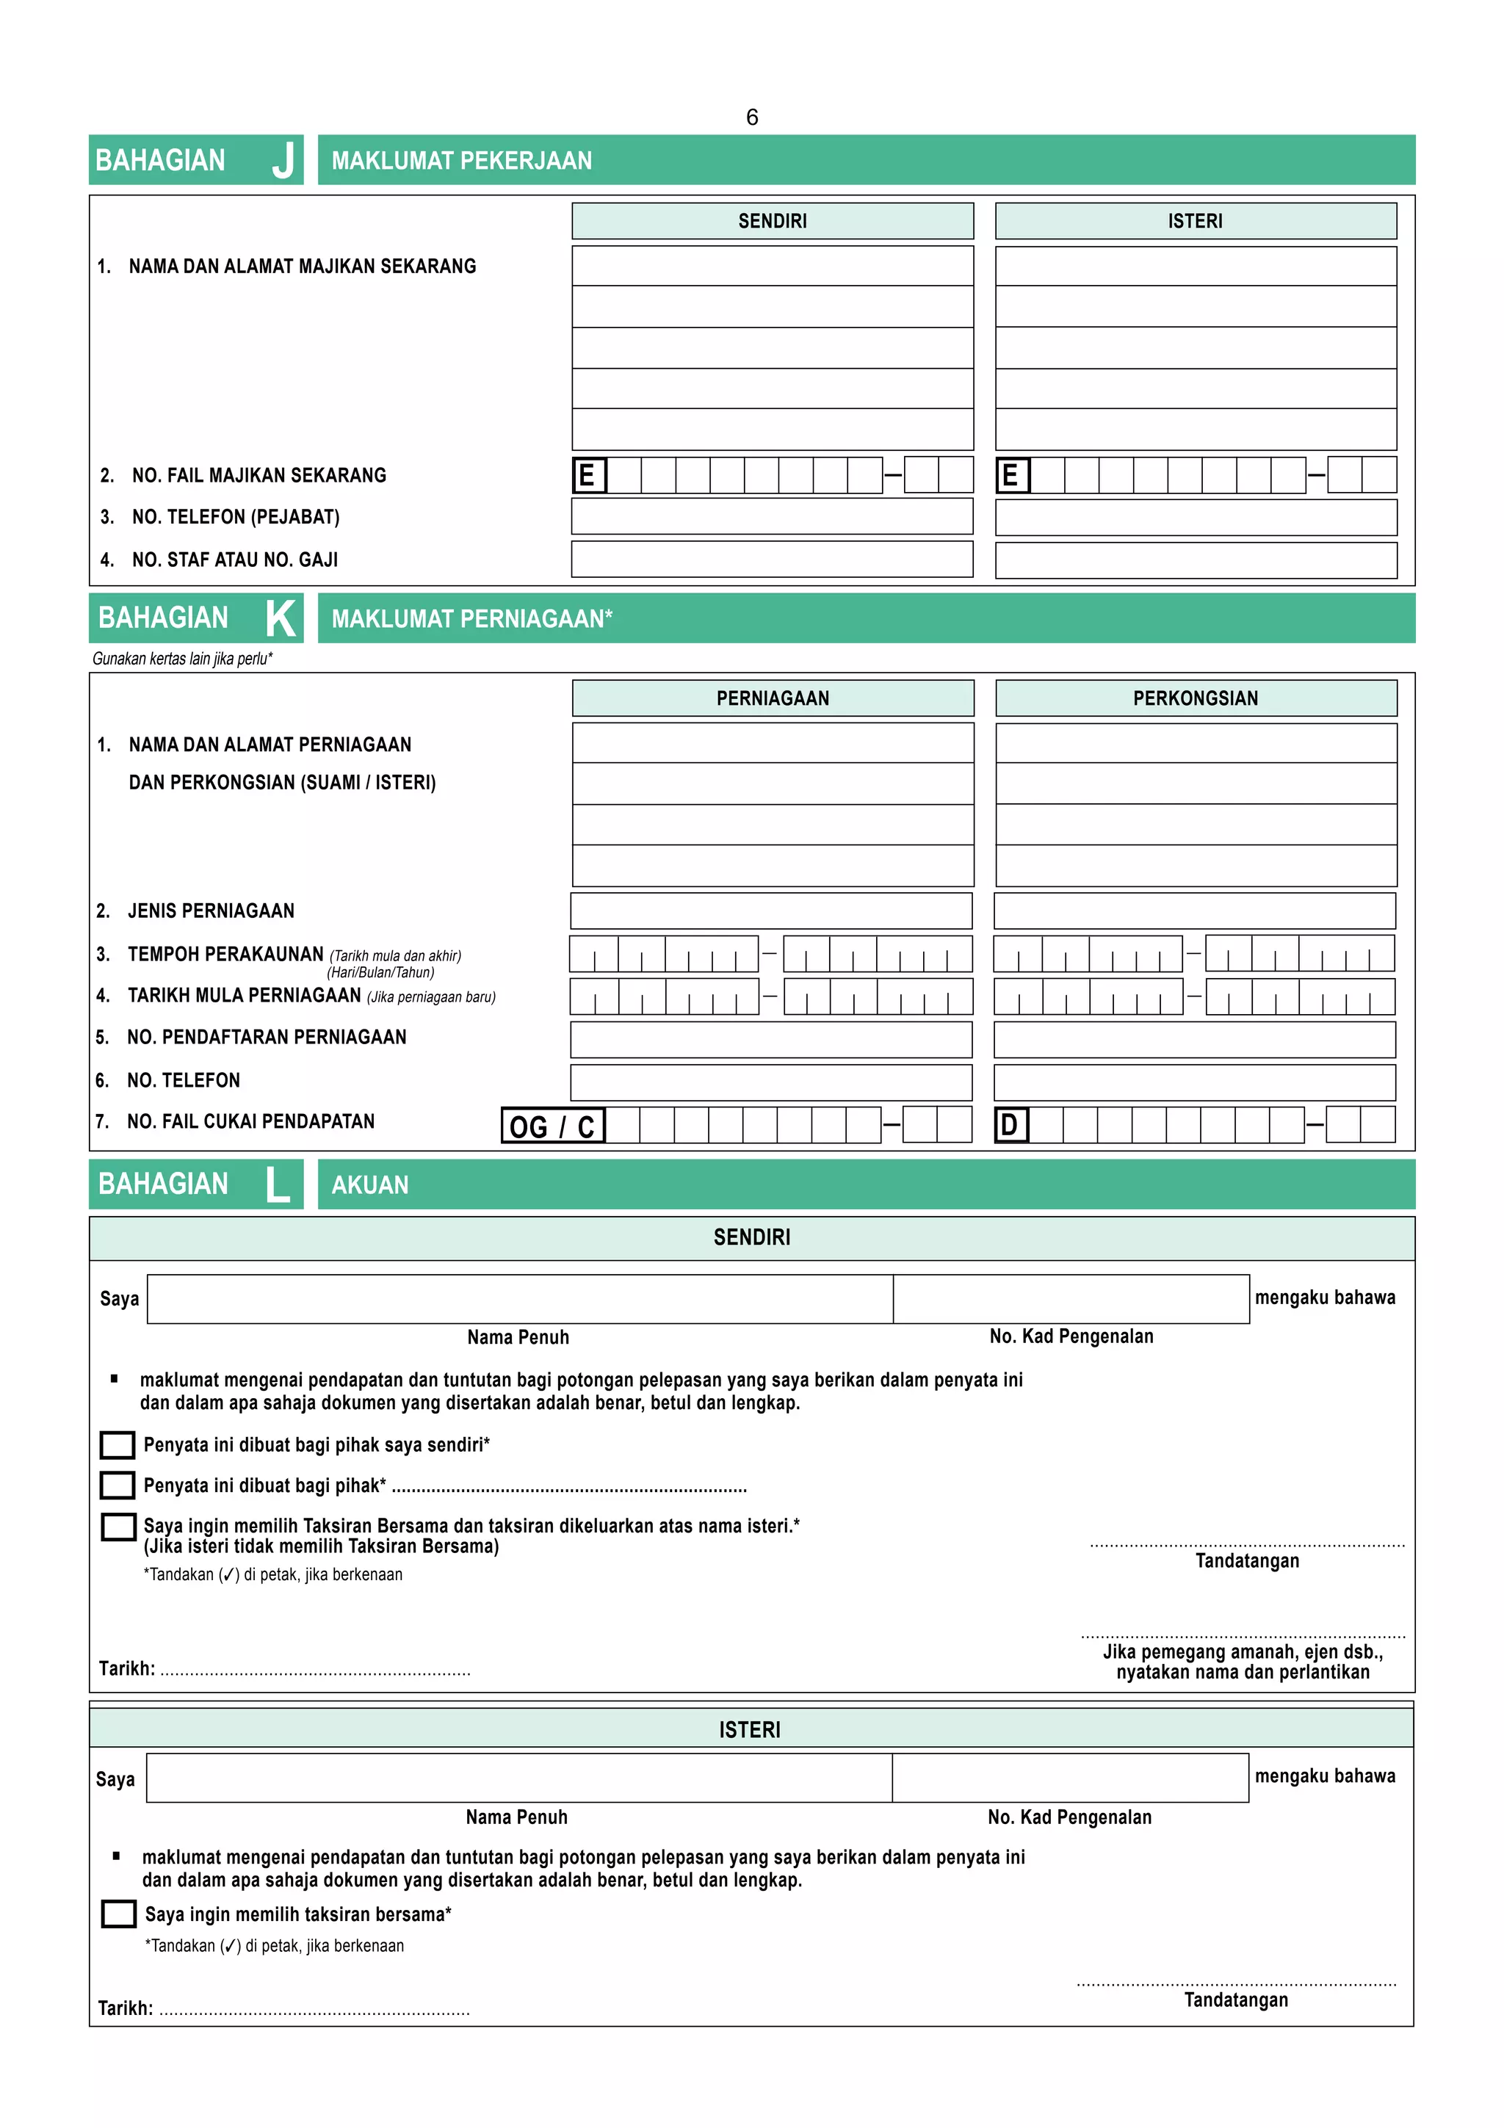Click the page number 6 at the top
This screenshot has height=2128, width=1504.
tap(751, 117)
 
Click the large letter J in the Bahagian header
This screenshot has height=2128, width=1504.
tap(283, 160)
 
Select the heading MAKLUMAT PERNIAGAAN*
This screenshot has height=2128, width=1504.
tap(471, 618)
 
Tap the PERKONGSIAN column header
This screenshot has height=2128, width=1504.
tap(1195, 698)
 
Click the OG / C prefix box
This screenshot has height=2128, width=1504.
tap(552, 1125)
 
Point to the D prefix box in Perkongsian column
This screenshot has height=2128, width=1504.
tap(1010, 1125)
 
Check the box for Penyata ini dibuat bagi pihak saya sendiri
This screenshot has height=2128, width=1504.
tap(117, 1444)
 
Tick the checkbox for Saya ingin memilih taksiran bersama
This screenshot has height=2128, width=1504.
tap(119, 1914)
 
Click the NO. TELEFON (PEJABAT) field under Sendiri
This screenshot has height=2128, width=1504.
tap(771, 516)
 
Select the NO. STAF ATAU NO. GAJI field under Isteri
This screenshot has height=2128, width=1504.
tap(1196, 560)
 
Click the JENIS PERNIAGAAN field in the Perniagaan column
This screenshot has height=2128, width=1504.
tap(771, 910)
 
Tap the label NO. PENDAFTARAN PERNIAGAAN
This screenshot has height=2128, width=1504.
tap(267, 1037)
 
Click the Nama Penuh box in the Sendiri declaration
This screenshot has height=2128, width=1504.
tap(519, 1298)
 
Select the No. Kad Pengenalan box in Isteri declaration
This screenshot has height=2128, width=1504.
tap(1069, 1778)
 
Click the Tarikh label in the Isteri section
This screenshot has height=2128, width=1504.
tap(125, 2008)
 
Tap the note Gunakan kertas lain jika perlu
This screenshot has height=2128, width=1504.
tap(183, 659)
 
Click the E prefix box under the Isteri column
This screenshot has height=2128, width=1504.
tap(1011, 476)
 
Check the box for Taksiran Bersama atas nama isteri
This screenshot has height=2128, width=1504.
tap(119, 1527)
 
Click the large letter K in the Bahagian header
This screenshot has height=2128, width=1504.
tap(281, 618)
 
